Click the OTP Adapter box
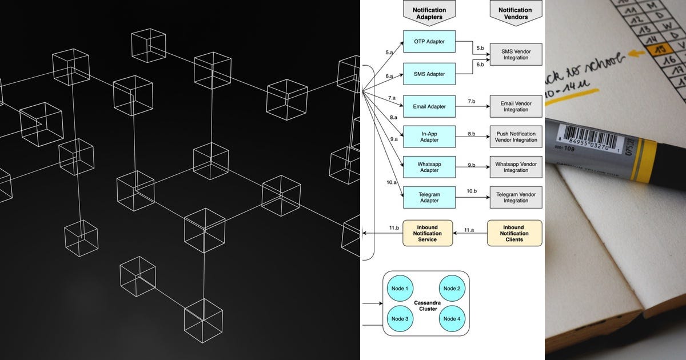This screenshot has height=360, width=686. coord(429,42)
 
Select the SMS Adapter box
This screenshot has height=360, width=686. coord(429,74)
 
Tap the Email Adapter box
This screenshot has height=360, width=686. coord(429,106)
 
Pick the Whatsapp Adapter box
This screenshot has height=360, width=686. coord(429,167)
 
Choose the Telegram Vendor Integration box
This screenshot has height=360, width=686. coord(516,197)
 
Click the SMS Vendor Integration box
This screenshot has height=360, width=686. coord(516,54)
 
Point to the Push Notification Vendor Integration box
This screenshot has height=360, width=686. coord(516,137)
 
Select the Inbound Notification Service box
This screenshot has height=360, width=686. coord(428,233)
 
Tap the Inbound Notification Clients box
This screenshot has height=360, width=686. coord(514,233)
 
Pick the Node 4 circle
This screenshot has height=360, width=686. coord(452,318)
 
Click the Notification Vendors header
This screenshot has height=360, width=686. coord(516,13)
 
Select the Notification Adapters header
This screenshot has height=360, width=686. coord(429,13)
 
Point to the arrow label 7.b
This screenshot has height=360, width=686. coord(472,101)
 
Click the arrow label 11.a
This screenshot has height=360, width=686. coord(469,229)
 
